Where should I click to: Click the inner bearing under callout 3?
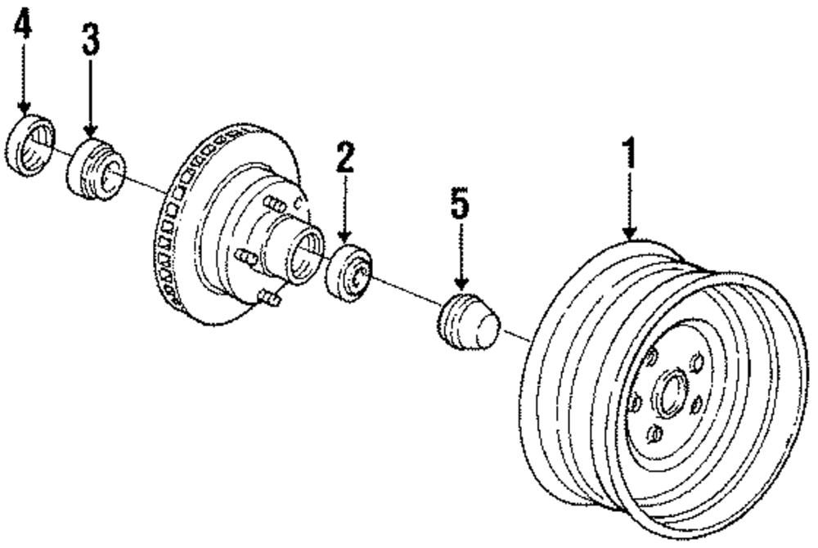point(95,169)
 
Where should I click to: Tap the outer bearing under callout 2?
point(349,273)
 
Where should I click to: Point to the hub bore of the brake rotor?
point(308,249)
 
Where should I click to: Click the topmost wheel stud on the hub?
point(277,204)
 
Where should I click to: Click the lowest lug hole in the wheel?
point(654,433)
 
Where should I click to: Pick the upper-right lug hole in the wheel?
point(698,362)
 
